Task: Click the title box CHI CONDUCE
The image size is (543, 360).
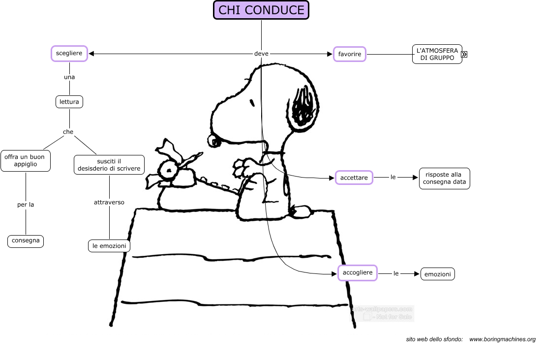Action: point(261,10)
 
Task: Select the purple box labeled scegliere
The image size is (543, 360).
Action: point(69,53)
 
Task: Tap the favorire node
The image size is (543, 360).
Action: point(350,54)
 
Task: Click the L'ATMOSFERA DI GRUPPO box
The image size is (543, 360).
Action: point(437,54)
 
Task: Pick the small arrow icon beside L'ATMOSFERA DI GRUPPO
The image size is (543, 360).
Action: point(464,55)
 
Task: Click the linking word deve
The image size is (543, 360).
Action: point(261,54)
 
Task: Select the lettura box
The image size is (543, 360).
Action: point(69,102)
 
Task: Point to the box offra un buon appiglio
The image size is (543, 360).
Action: point(26,161)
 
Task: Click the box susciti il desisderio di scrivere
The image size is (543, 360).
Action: point(109,165)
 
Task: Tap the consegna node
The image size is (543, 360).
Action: point(26,241)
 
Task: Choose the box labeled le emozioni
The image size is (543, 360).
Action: point(109,245)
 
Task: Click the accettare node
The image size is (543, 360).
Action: point(354,177)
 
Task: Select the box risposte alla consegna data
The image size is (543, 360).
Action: point(444,179)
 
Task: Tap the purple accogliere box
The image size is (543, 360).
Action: point(358,272)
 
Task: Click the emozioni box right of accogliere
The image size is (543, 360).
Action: point(438,274)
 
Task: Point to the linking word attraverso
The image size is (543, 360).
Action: point(109,202)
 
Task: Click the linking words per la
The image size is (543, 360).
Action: point(26,205)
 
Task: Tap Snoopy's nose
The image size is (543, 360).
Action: point(215,141)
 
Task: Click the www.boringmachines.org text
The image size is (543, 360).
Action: point(502,339)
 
